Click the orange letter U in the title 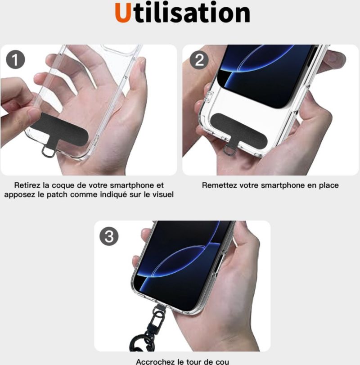123,13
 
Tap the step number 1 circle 15,60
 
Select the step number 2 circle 199,60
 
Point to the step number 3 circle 109,236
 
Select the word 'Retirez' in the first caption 27,185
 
